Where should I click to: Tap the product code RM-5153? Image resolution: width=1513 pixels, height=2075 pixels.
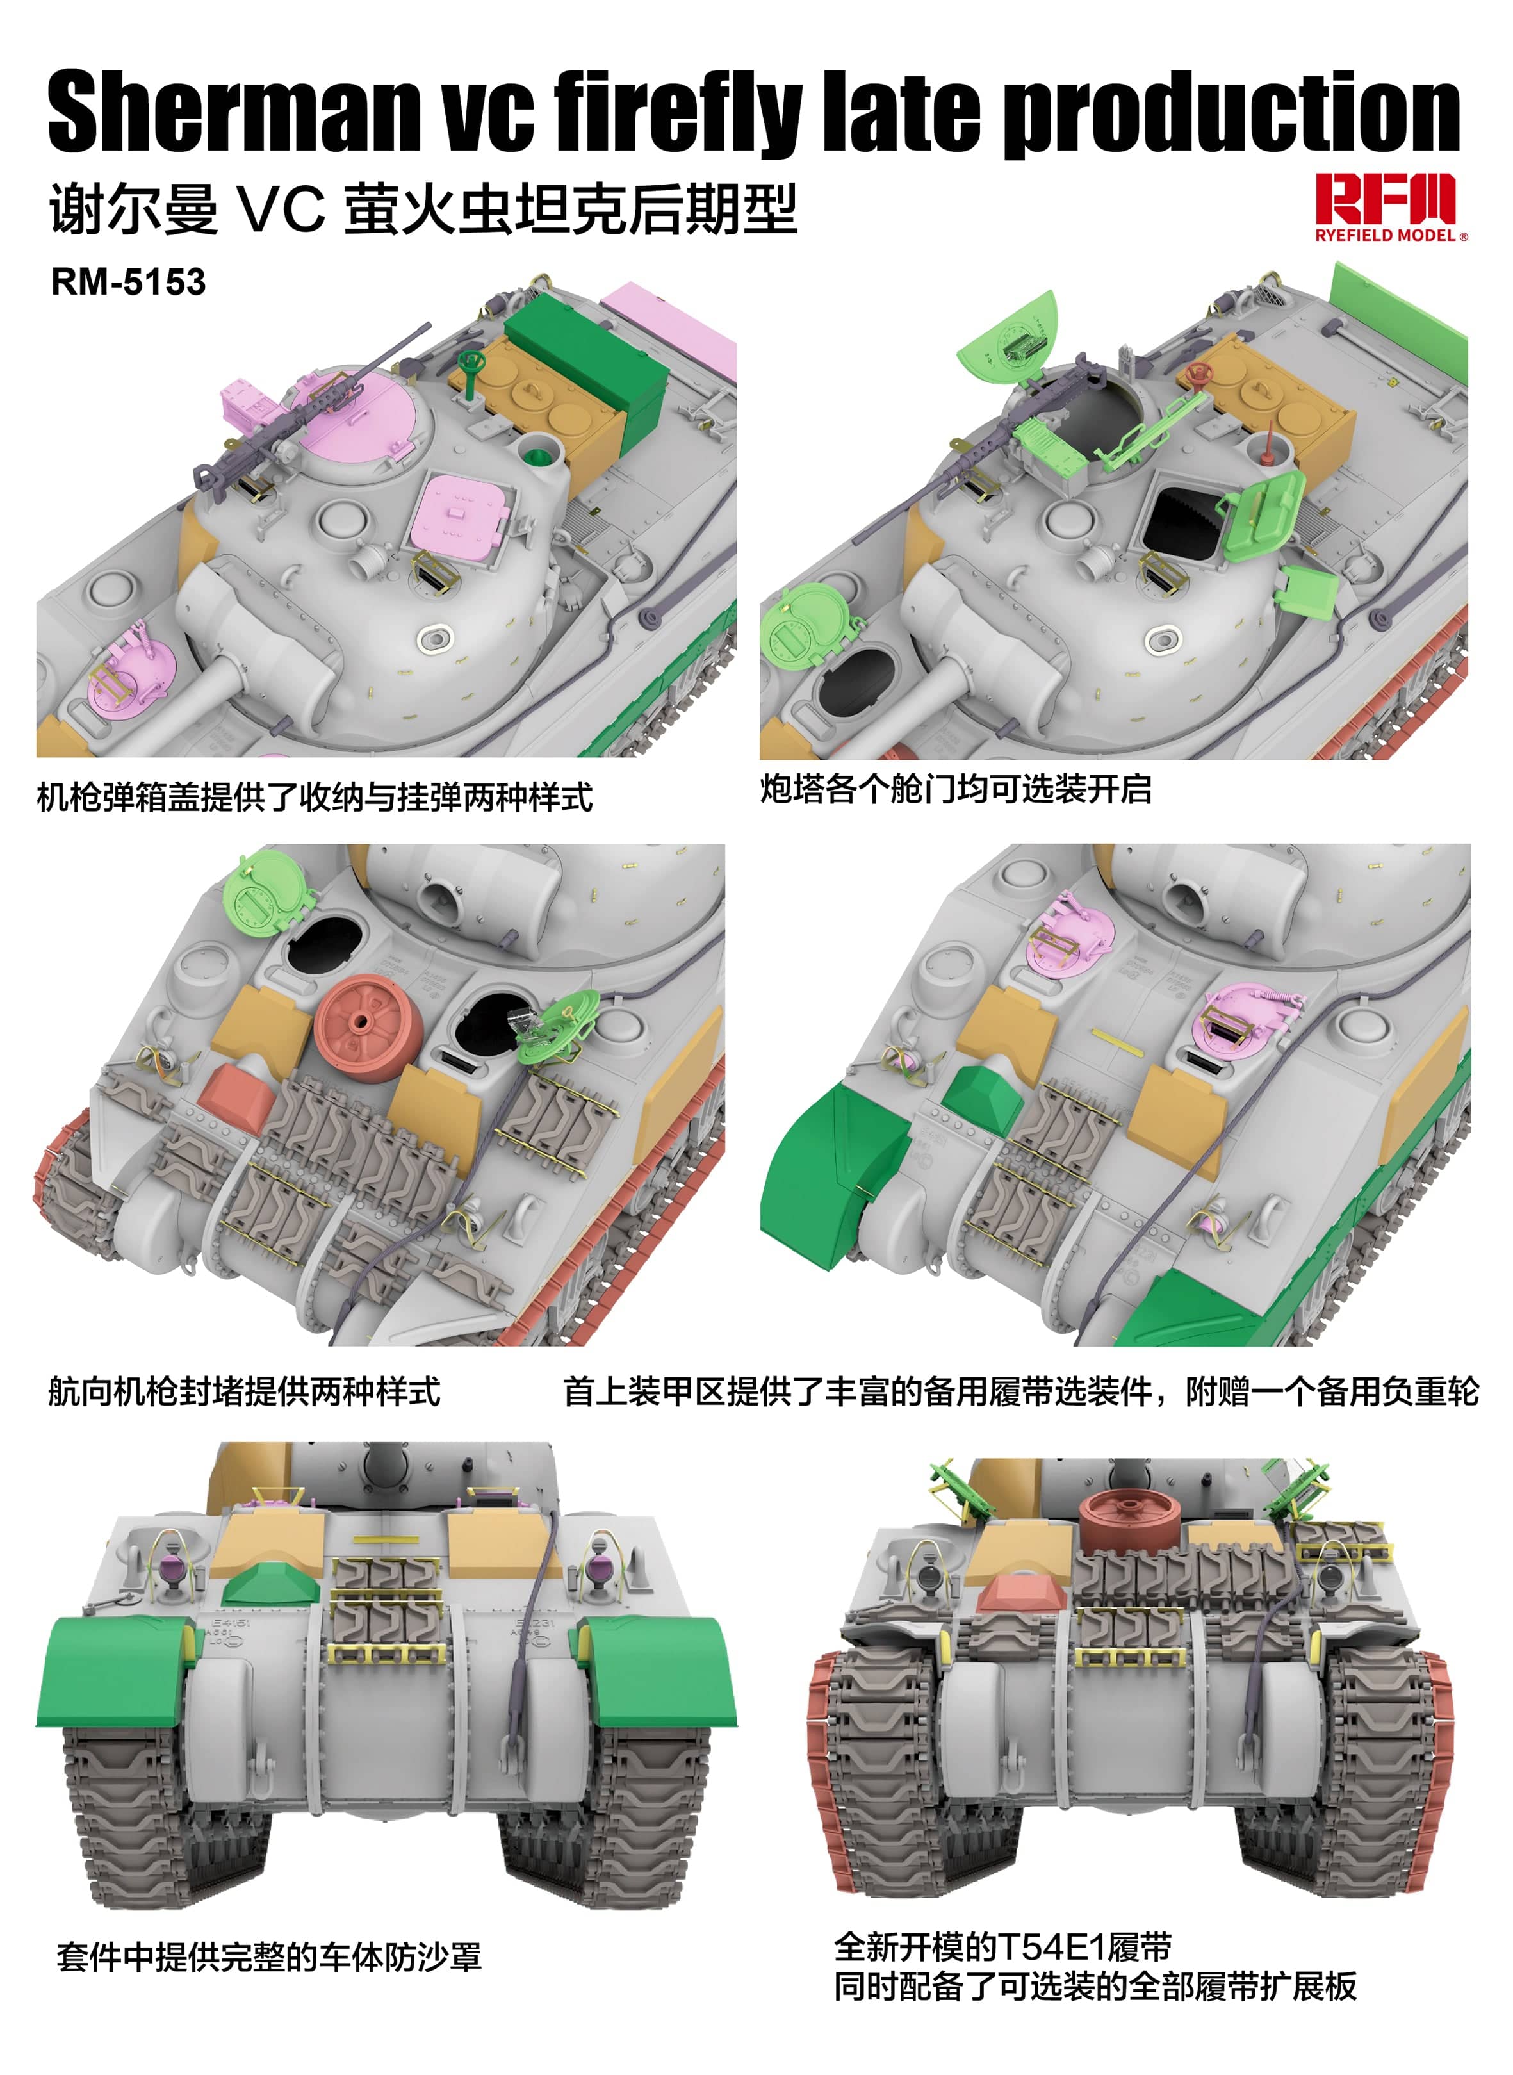pos(128,282)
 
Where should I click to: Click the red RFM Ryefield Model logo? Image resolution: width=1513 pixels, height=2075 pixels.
pos(1385,207)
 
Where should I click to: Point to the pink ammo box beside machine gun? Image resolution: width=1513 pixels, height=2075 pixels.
pos(247,400)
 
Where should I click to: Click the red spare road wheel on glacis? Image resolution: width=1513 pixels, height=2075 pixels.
pos(368,1028)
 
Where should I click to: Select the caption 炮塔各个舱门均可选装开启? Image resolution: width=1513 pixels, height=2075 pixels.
pos(955,789)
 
